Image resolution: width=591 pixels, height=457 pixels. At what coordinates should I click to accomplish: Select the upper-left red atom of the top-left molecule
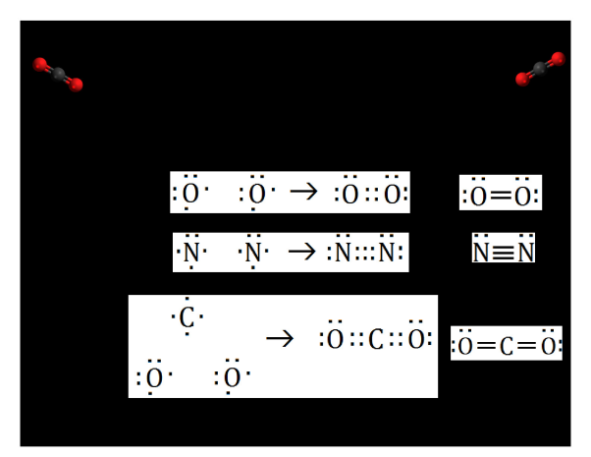click(x=41, y=64)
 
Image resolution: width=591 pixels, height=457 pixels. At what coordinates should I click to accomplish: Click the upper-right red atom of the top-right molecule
click(x=558, y=59)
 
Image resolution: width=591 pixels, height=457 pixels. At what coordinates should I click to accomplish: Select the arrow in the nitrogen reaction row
click(x=300, y=253)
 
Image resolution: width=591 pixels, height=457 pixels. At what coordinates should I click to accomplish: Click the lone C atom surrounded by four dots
click(x=187, y=316)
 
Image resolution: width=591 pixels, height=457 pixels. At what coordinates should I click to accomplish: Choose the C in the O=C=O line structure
click(x=506, y=346)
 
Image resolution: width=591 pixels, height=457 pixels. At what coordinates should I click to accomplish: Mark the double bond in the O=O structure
click(x=501, y=196)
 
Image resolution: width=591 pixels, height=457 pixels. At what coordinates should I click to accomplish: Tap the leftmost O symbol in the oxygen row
click(x=190, y=194)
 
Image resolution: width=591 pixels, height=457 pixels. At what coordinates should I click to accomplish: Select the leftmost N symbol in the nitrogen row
click(x=190, y=254)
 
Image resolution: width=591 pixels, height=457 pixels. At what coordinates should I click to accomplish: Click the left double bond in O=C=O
click(x=484, y=346)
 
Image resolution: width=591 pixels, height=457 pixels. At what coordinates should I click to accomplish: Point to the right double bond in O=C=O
click(x=527, y=346)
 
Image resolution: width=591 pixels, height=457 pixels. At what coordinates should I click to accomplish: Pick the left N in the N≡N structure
click(x=482, y=253)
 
